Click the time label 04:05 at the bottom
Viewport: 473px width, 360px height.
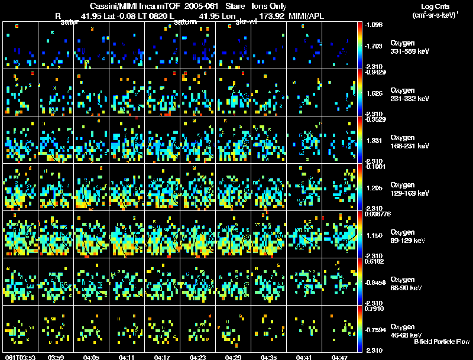pyautogui.click(x=92, y=358)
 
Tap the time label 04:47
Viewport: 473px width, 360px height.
pyautogui.click(x=340, y=358)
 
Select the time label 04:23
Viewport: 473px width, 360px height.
pyautogui.click(x=198, y=358)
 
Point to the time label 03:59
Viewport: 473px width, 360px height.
pyautogui.click(x=56, y=358)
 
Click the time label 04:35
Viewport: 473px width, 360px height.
pyautogui.click(x=269, y=358)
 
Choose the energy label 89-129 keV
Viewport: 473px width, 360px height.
pyautogui.click(x=409, y=241)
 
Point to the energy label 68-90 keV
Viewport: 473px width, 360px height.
pyautogui.click(x=407, y=288)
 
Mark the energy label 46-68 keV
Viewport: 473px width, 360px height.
pyautogui.click(x=407, y=335)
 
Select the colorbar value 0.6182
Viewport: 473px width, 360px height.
pyautogui.click(x=374, y=260)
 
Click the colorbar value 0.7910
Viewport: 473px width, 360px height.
pyautogui.click(x=374, y=308)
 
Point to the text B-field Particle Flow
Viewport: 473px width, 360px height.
pyautogui.click(x=442, y=342)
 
